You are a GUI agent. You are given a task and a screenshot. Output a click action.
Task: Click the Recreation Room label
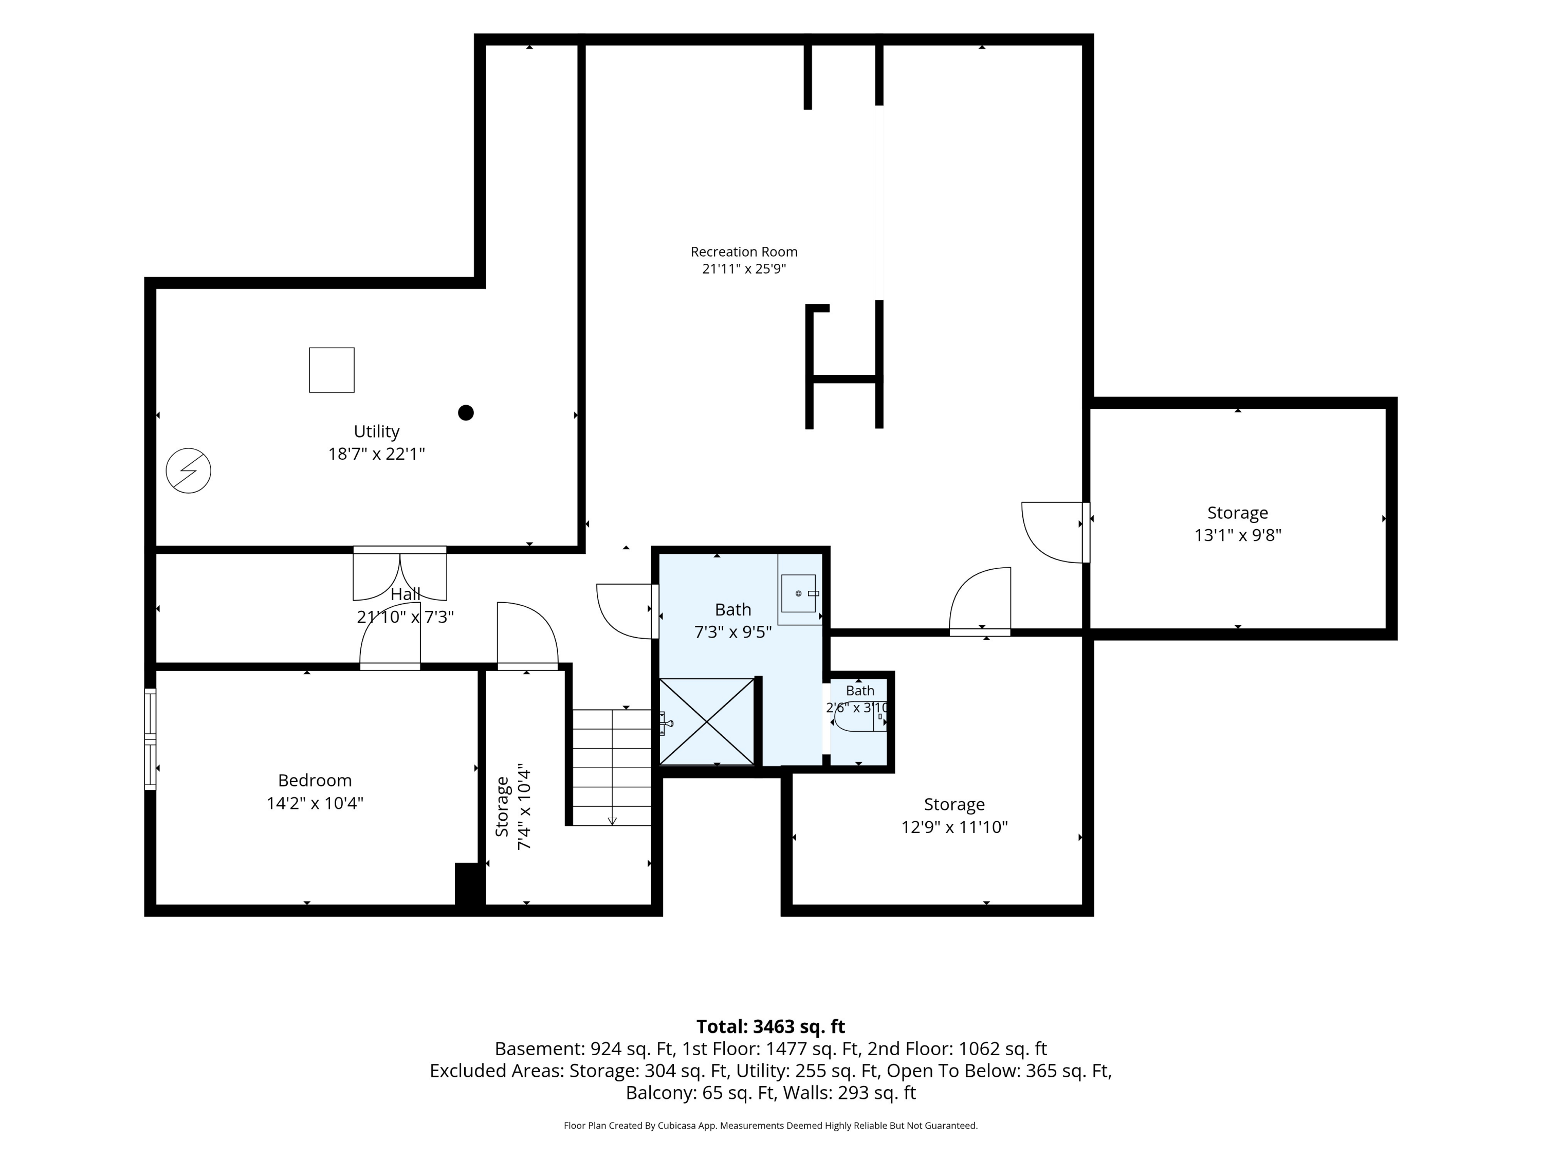pyautogui.click(x=744, y=252)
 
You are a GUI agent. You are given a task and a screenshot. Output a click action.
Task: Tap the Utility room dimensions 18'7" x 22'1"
pyautogui.click(x=376, y=454)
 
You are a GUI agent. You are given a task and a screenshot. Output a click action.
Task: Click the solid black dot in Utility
pyautogui.click(x=466, y=413)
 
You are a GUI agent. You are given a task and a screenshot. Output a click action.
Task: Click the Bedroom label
pyautogui.click(x=315, y=781)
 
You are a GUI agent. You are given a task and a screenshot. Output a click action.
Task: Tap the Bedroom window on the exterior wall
pyautogui.click(x=150, y=739)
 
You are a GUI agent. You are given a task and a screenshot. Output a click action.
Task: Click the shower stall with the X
pyautogui.click(x=707, y=721)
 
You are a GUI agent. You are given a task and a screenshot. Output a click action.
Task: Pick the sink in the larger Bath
pyautogui.click(x=799, y=593)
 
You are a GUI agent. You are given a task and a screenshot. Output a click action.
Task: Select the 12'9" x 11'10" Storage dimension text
pyautogui.click(x=954, y=827)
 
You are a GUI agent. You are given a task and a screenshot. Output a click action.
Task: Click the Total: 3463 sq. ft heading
pyautogui.click(x=770, y=1026)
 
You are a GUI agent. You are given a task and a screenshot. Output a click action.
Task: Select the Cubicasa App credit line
pyautogui.click(x=770, y=1126)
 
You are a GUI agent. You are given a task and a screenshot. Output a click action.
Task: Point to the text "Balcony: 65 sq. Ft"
pyautogui.click(x=701, y=1092)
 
